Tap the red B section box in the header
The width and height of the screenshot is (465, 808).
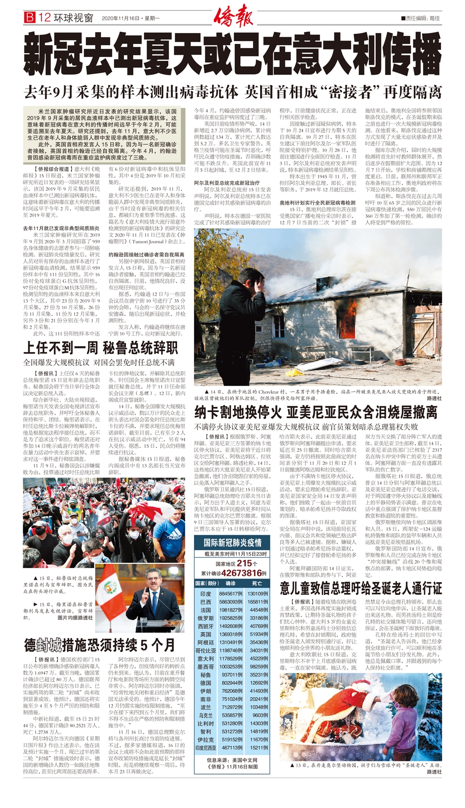(x=30, y=18)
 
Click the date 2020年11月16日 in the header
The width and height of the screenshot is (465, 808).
(x=120, y=18)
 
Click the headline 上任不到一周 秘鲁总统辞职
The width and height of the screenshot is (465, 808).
(x=101, y=348)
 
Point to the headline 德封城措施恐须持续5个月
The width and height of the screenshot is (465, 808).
(x=100, y=644)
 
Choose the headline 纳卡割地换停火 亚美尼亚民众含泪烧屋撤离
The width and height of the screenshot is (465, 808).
(x=316, y=412)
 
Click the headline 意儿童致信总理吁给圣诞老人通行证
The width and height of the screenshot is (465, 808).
(x=361, y=588)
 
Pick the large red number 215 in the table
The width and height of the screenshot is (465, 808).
(x=245, y=563)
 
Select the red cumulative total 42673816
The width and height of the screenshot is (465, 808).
(x=241, y=573)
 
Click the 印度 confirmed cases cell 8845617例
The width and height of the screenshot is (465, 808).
(x=231, y=594)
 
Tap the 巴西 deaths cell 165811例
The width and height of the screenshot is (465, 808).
(x=258, y=602)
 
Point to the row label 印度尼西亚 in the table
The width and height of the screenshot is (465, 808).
(x=206, y=748)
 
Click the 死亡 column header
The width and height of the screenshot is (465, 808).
(x=257, y=583)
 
